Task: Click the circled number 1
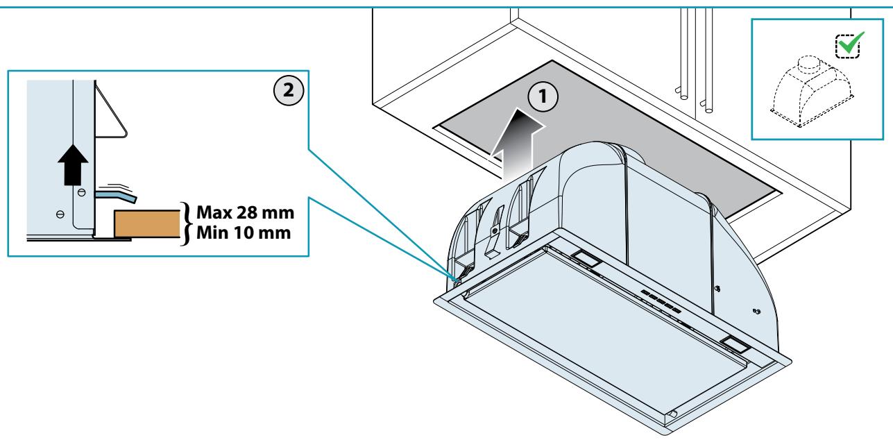click(x=542, y=96)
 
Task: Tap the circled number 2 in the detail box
click(x=288, y=90)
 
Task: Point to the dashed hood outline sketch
click(x=811, y=92)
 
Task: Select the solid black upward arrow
click(x=73, y=164)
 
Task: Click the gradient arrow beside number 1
click(x=517, y=145)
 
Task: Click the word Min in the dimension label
click(x=212, y=232)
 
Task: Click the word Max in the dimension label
click(x=214, y=212)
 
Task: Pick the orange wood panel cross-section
click(x=147, y=223)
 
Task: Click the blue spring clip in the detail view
click(x=116, y=196)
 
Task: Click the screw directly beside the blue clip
click(x=82, y=193)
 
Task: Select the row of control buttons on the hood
click(x=661, y=302)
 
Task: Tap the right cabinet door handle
click(x=706, y=60)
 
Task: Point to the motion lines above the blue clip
click(x=117, y=186)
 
